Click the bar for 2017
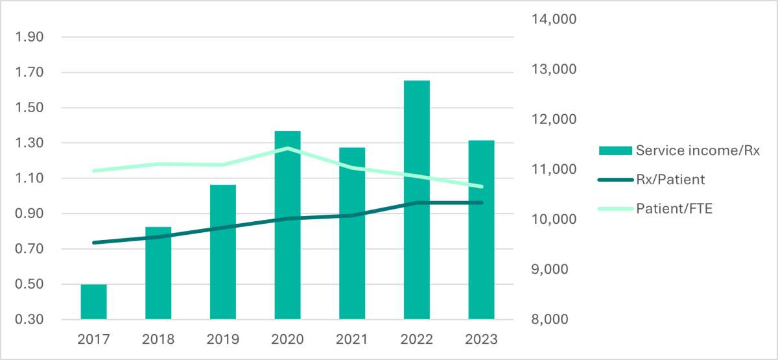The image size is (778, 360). point(94,302)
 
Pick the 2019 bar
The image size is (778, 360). point(223,252)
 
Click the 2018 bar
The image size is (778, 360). point(158,273)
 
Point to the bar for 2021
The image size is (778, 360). point(352,234)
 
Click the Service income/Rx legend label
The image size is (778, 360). point(697,150)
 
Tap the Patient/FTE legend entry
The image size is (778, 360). point(674,210)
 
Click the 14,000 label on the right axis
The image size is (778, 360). point(554,19)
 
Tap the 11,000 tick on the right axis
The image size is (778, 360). point(554,169)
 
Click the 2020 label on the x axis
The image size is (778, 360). point(287,339)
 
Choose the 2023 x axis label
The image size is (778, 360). point(481,339)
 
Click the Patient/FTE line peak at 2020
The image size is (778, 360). point(287,149)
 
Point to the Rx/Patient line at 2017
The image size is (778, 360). point(94,243)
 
